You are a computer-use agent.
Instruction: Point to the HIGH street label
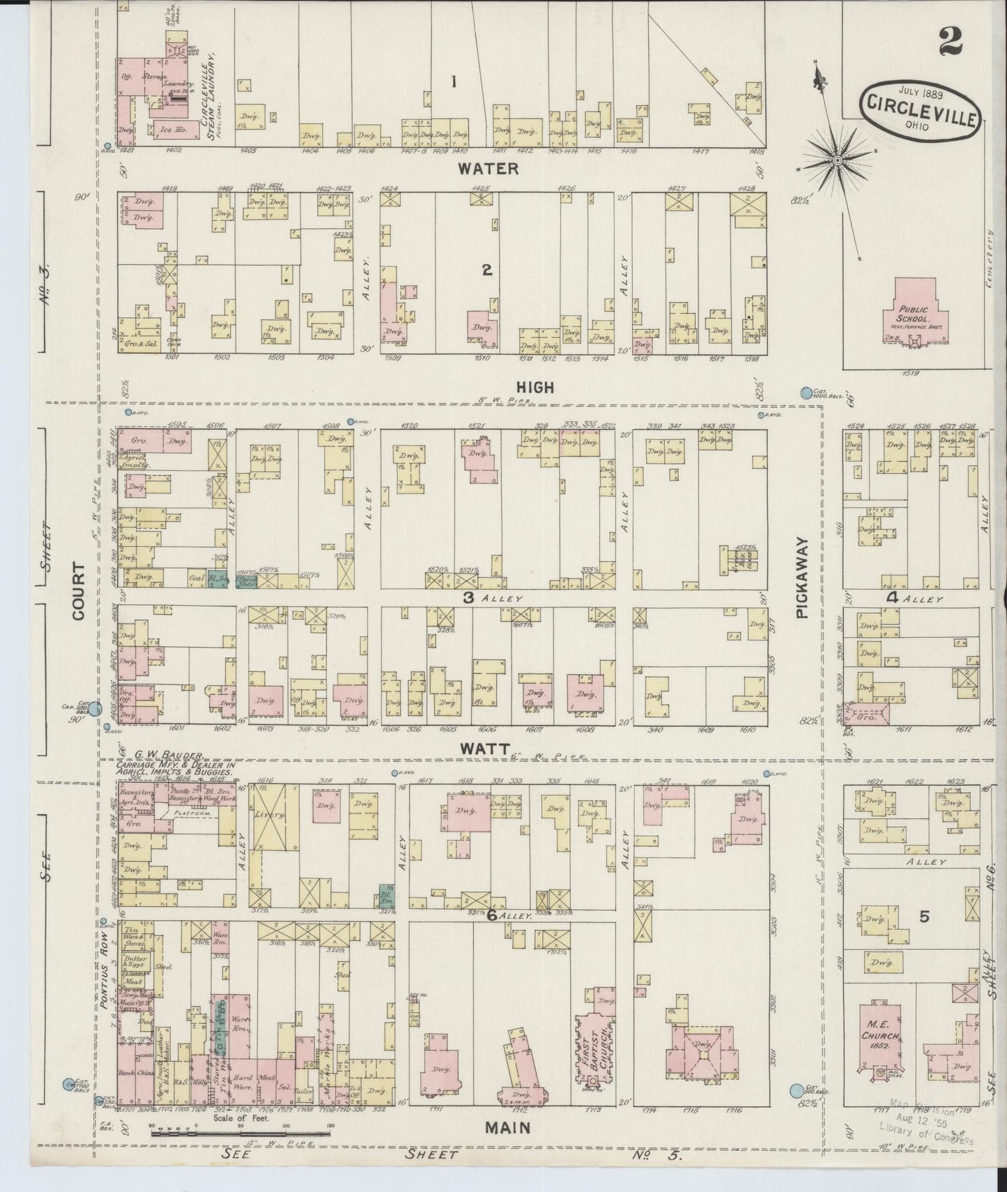coord(535,387)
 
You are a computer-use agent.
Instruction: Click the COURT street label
coord(77,592)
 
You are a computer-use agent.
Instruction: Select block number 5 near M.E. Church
coord(924,917)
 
